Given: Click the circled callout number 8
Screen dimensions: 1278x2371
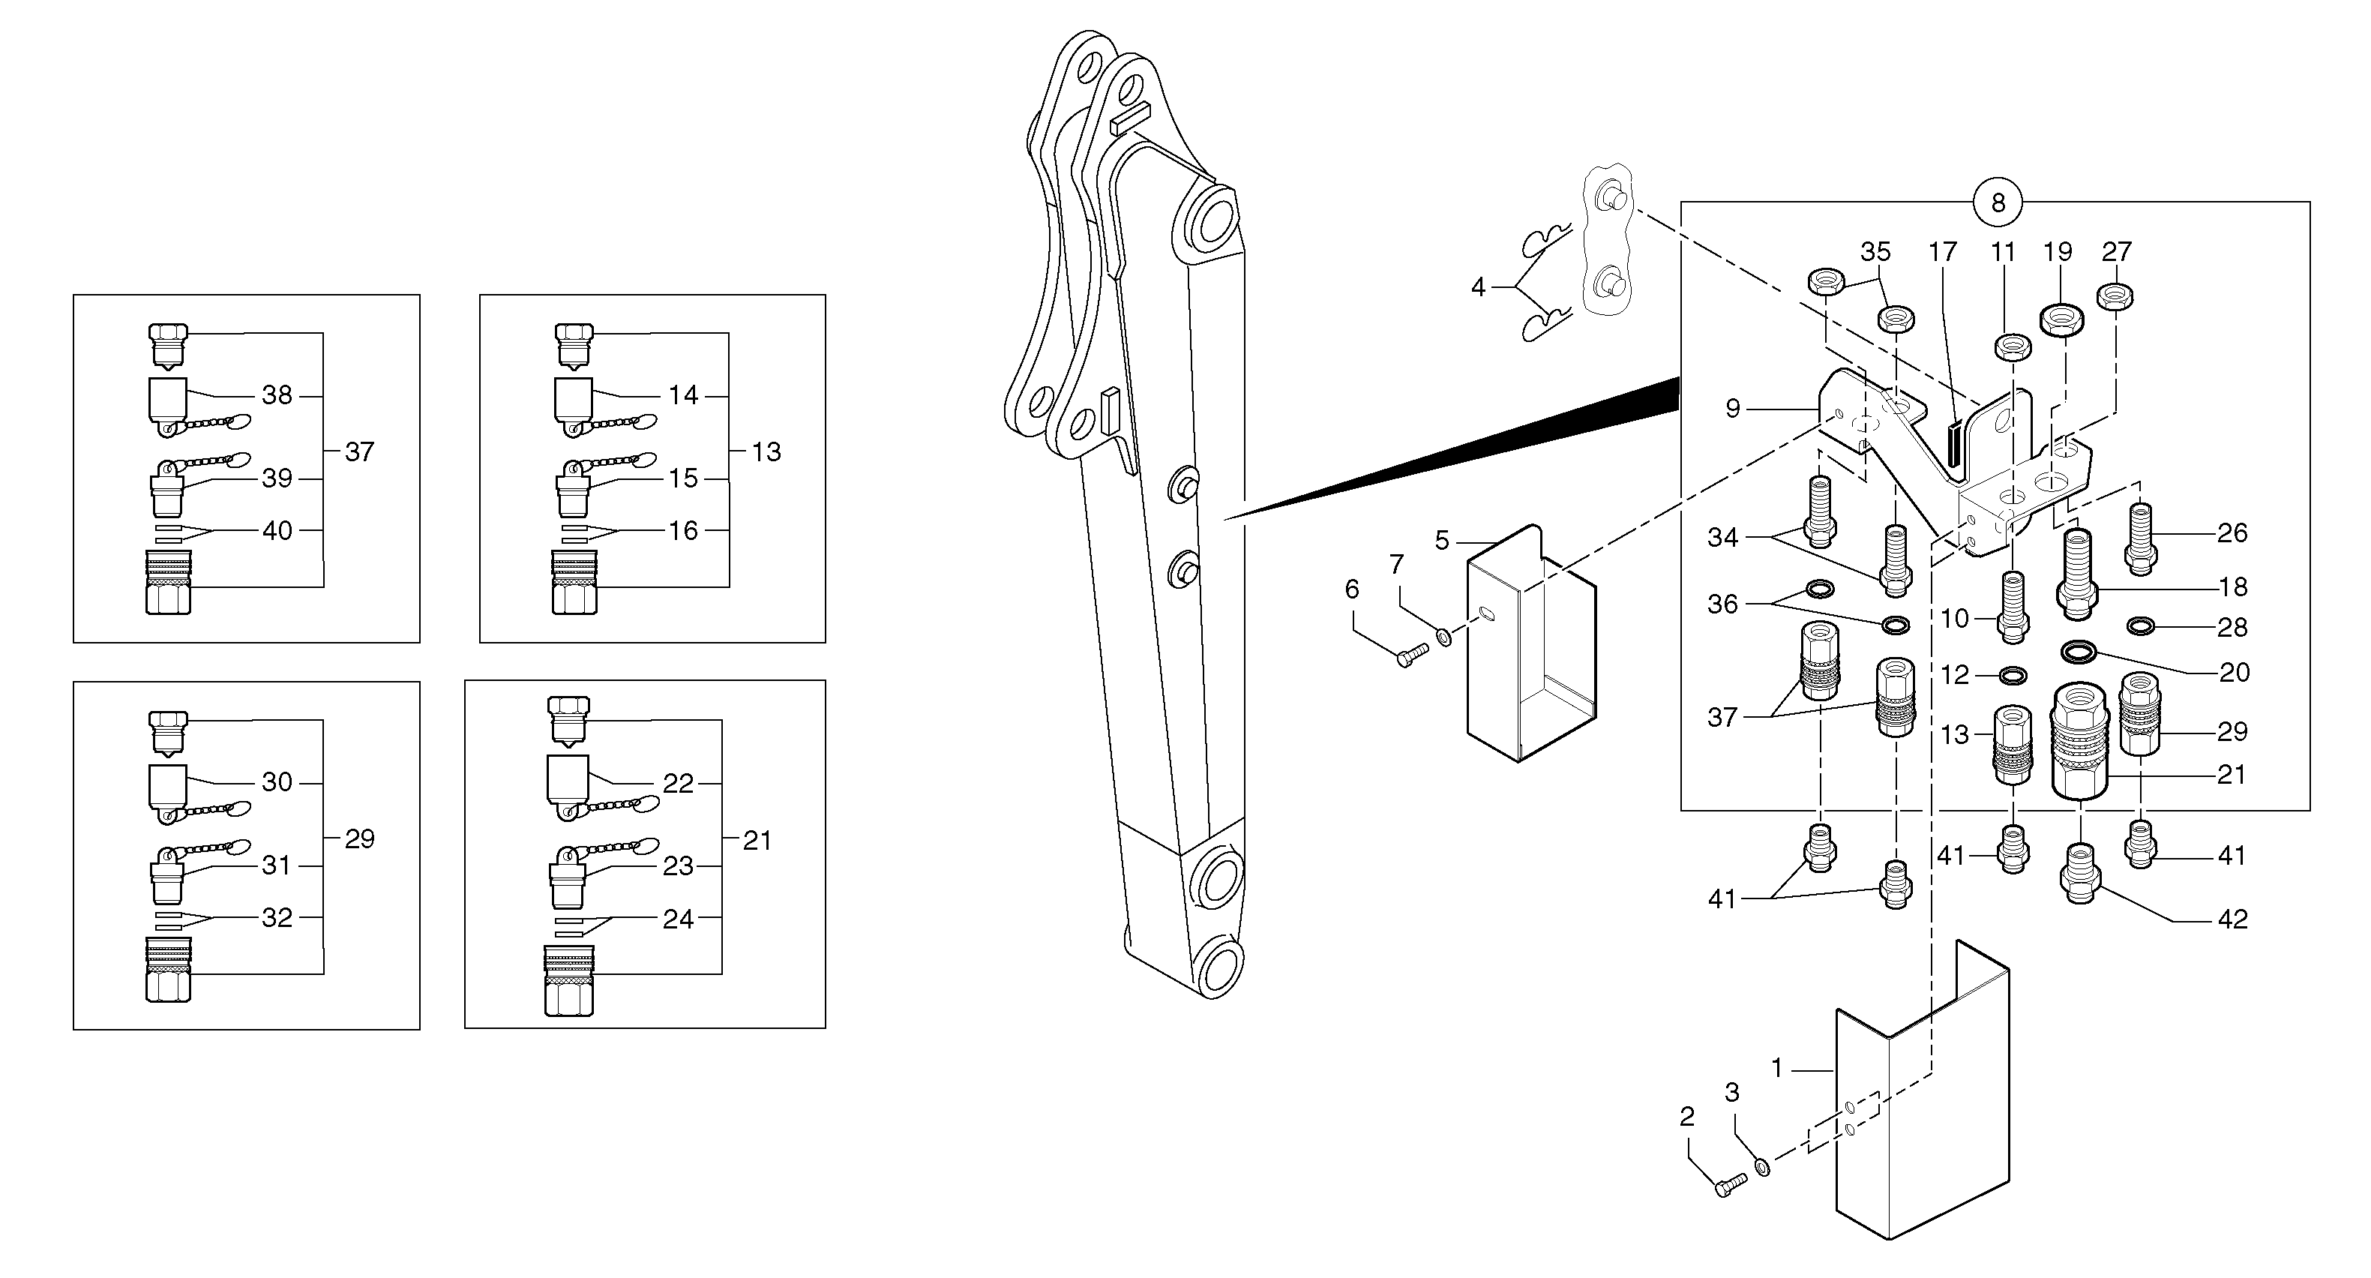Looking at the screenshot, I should click(1998, 202).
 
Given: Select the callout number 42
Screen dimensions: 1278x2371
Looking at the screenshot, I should click(2233, 919).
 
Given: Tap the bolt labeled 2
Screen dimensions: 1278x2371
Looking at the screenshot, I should click(1731, 1184).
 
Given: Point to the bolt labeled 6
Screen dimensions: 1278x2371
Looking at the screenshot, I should click(1412, 655).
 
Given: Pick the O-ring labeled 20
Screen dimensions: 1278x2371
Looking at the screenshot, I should click(2079, 652).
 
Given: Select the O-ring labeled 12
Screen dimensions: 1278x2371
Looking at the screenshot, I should click(2013, 676).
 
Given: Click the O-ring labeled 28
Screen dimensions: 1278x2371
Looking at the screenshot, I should click(2141, 627).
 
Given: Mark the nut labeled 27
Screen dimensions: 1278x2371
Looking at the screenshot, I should click(2115, 296).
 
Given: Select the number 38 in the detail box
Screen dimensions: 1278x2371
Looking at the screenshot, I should click(277, 395).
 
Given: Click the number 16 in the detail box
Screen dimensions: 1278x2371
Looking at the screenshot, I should click(683, 530).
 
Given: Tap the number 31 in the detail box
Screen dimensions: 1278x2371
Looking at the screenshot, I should click(276, 865).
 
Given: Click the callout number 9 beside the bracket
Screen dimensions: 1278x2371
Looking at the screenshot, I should click(1732, 409).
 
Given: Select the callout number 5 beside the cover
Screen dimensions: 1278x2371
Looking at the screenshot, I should click(1442, 541).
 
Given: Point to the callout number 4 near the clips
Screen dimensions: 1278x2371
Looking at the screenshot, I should click(1477, 287).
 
